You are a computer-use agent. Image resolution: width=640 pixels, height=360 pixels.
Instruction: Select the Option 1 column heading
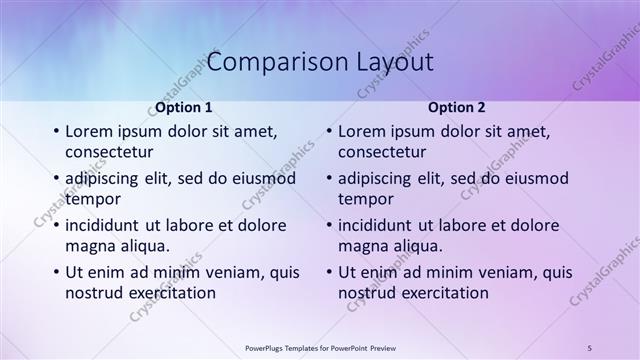[x=183, y=107]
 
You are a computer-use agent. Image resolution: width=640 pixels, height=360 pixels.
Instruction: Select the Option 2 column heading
[x=456, y=107]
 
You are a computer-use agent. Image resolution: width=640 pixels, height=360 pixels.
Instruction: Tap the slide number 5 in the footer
[x=590, y=347]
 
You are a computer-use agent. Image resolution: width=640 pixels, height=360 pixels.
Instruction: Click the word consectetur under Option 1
[x=109, y=152]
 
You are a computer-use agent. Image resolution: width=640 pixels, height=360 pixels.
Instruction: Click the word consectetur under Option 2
[x=382, y=152]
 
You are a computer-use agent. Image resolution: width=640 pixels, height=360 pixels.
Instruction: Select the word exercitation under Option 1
[x=167, y=293]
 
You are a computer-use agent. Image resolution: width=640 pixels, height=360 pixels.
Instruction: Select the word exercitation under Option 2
[x=440, y=293]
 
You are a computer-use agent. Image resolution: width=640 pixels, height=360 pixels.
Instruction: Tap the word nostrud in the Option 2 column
[x=364, y=293]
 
